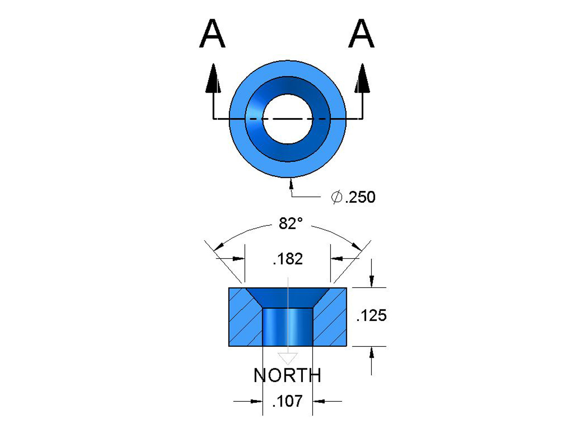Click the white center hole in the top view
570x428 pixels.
[288, 119]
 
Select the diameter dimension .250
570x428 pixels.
[360, 197]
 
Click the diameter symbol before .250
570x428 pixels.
[337, 197]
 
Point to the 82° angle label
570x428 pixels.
[291, 223]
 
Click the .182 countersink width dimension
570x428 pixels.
[288, 259]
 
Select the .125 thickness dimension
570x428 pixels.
[371, 316]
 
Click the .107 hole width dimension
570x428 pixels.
[288, 401]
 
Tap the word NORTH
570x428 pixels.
[287, 376]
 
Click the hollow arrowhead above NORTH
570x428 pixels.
[288, 358]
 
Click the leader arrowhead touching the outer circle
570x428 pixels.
[291, 182]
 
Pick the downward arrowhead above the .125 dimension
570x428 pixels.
[371, 280]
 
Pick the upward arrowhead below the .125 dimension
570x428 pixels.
[371, 354]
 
